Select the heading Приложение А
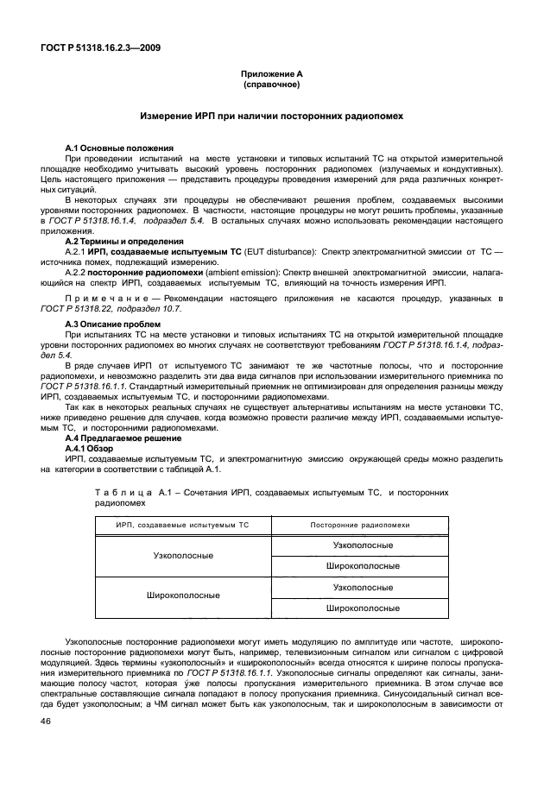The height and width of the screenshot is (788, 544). tap(271, 77)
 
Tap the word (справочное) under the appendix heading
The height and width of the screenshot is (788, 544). tap(271, 87)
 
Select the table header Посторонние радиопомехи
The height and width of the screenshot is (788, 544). tap(360, 525)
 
